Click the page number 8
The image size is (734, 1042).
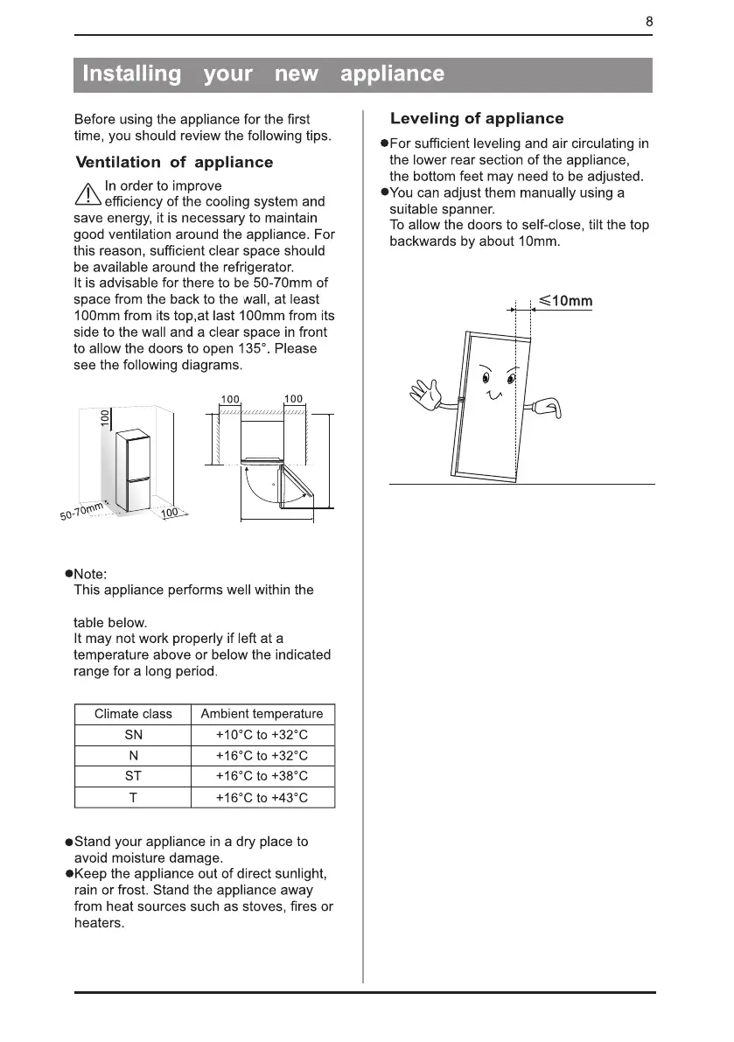coord(649,23)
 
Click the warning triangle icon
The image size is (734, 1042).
coord(88,195)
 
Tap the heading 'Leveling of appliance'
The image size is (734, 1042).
coord(477,119)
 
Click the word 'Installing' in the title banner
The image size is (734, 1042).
coord(131,74)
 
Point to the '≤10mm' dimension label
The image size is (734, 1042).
coord(566,302)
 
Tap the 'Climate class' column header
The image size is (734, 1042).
coord(133,714)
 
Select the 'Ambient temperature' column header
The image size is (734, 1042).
coord(262,714)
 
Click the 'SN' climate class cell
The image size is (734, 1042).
coord(133,735)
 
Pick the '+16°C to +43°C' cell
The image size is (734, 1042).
coord(262,798)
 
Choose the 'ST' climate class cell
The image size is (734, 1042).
coord(133,777)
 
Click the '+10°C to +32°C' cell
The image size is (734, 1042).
coord(262,735)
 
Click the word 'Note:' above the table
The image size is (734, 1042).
coord(91,574)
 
